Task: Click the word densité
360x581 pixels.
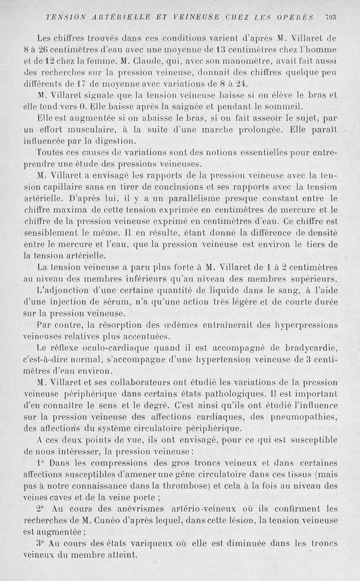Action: (x=321, y=232)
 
